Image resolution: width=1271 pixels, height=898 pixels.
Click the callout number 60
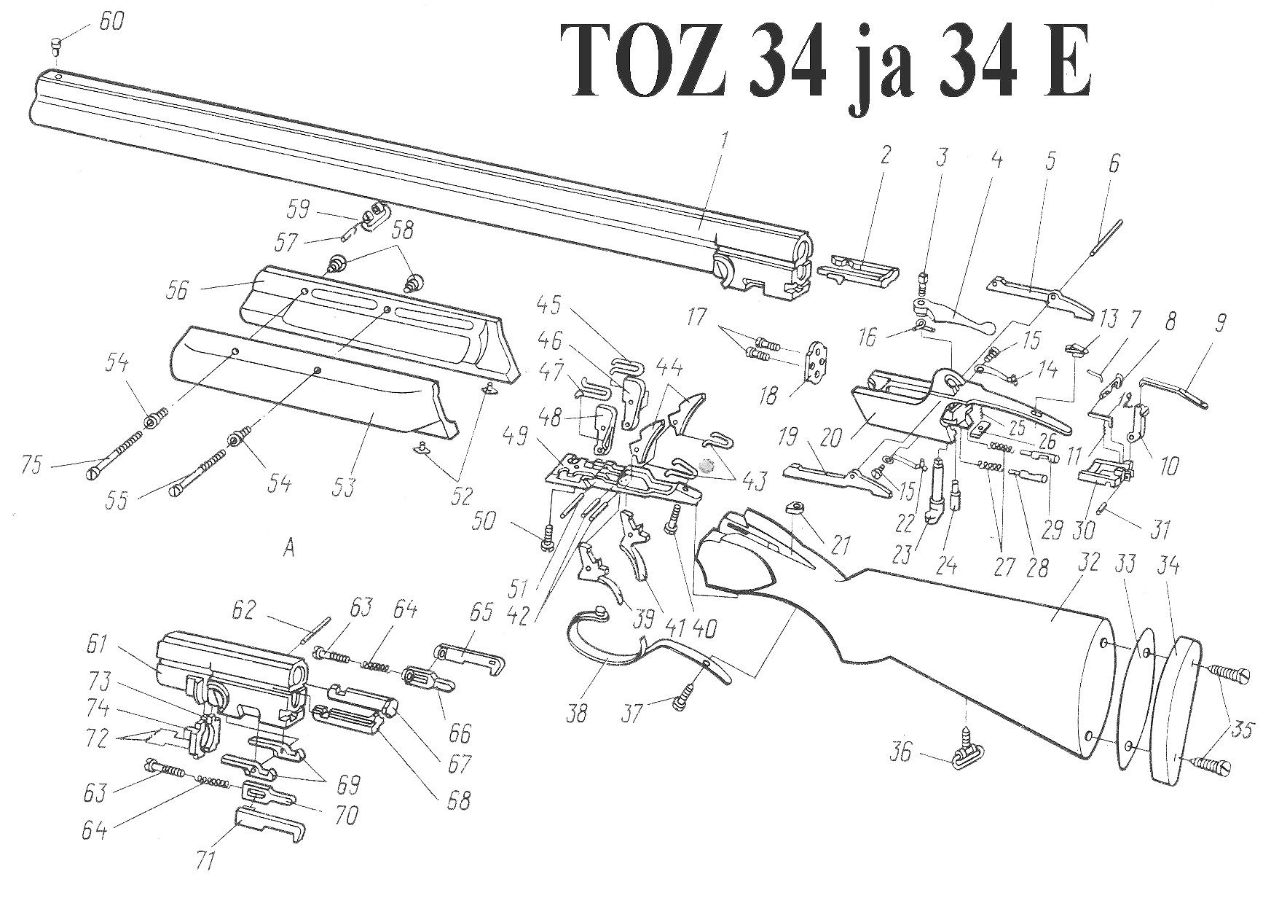(111, 21)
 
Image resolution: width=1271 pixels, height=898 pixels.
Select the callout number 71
(206, 862)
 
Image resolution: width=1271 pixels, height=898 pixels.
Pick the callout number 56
(176, 291)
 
